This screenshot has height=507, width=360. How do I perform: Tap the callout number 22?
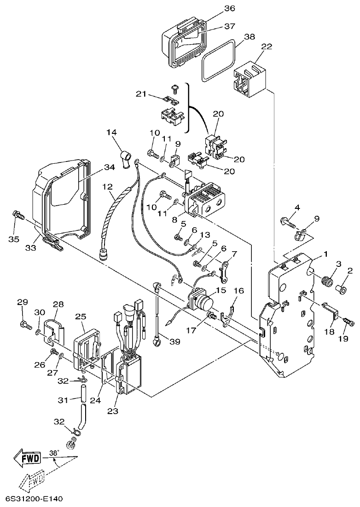(266, 46)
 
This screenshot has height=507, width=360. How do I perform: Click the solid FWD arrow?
(27, 457)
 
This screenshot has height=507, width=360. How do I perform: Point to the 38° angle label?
(54, 453)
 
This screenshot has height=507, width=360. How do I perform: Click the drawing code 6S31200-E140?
(35, 499)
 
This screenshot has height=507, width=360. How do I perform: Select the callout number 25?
(81, 317)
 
